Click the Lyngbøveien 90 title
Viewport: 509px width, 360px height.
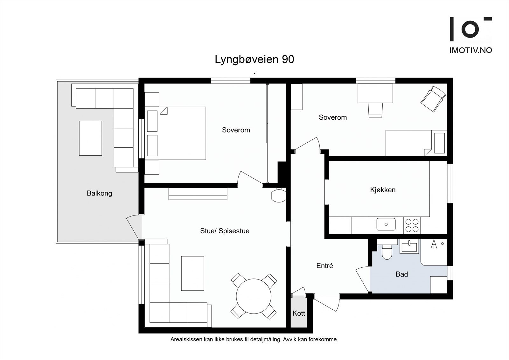tap(254, 60)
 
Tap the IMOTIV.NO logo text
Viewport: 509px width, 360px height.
tap(471, 50)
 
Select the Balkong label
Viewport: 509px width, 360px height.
tap(99, 193)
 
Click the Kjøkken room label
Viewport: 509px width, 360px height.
tap(383, 190)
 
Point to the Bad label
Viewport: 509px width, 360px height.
tap(401, 274)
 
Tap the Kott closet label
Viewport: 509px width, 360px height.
tap(299, 313)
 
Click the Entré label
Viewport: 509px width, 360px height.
tap(324, 265)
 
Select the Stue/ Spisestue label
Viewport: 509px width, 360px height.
tap(225, 231)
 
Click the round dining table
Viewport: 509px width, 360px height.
tap(254, 296)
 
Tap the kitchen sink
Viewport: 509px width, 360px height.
tap(386, 224)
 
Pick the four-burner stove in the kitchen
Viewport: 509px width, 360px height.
tap(412, 225)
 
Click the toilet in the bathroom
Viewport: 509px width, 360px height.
tap(387, 251)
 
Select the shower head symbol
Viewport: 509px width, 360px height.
tap(433, 244)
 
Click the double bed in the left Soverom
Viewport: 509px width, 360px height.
tap(183, 133)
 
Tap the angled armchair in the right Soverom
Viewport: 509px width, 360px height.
tap(433, 99)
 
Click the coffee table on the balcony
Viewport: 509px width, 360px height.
tap(90, 138)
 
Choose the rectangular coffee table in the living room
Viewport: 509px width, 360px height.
tap(192, 273)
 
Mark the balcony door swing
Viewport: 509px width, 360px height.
tap(134, 227)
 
